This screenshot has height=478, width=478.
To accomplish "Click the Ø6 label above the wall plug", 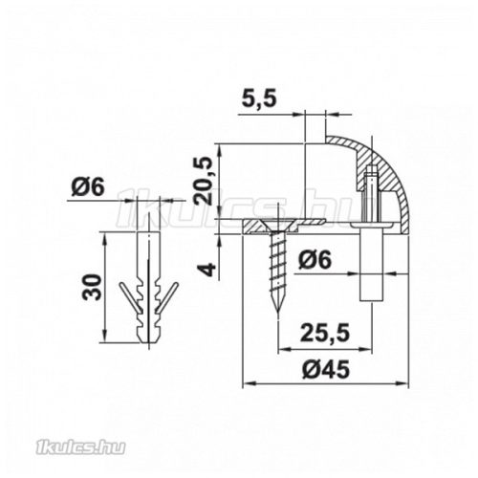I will (86, 187).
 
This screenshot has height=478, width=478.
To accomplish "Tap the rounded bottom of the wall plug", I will (147, 340).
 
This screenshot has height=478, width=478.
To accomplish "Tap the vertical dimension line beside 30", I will (107, 287).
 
